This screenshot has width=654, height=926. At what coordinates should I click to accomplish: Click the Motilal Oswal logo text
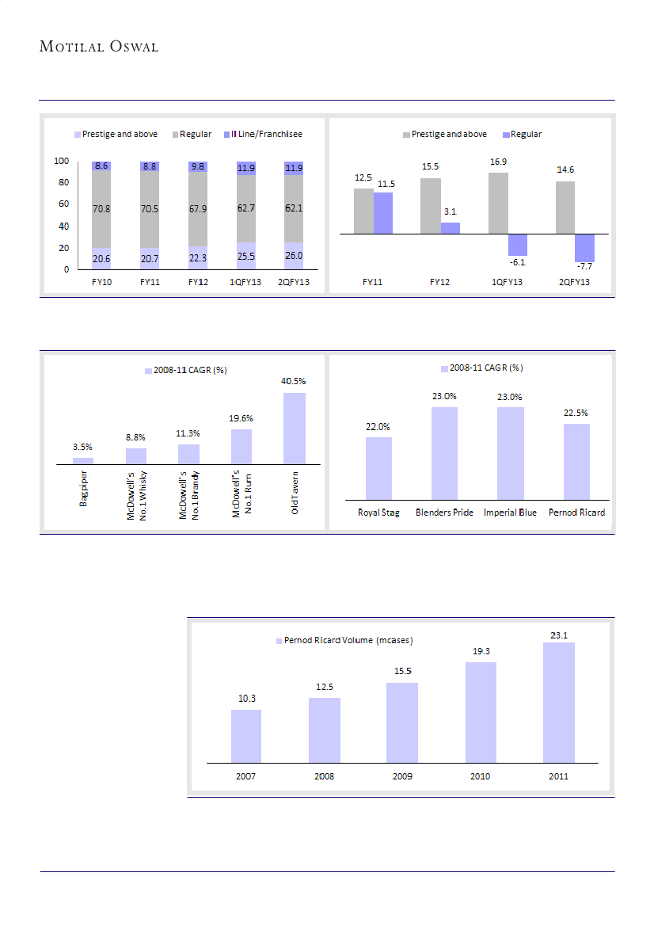click(x=99, y=47)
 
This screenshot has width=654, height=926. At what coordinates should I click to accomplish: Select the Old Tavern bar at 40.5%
click(x=294, y=428)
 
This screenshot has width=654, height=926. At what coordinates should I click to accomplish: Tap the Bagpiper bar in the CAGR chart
click(x=83, y=460)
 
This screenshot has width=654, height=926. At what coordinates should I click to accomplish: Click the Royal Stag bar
click(x=378, y=468)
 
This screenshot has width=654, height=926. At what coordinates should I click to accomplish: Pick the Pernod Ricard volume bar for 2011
click(x=558, y=702)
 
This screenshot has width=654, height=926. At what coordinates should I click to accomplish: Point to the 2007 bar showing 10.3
click(x=246, y=736)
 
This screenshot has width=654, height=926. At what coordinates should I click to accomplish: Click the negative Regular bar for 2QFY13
click(x=585, y=248)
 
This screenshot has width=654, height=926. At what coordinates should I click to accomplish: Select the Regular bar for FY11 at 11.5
click(x=383, y=213)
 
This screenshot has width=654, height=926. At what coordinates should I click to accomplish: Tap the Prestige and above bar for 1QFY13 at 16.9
click(x=498, y=203)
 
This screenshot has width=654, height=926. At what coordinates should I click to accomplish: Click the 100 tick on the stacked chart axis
click(x=61, y=162)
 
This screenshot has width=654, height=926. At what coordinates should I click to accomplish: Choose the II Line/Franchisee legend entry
click(x=263, y=135)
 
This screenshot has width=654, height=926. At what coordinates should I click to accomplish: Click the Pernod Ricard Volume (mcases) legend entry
click(x=344, y=640)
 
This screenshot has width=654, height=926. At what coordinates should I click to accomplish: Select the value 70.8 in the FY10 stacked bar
click(x=101, y=210)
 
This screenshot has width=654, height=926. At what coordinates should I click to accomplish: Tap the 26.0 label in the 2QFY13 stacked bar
click(x=295, y=256)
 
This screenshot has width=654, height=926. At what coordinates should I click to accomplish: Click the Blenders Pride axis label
click(x=444, y=513)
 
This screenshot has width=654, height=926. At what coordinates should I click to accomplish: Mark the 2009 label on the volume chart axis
click(x=402, y=776)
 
